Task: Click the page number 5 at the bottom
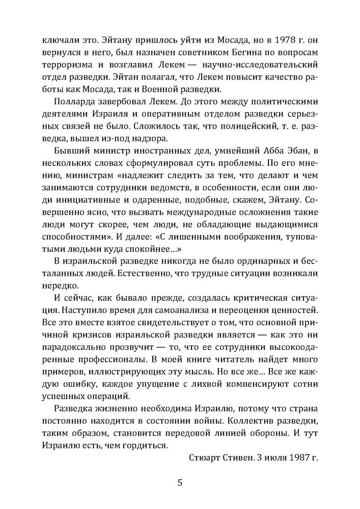(x=180, y=482)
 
